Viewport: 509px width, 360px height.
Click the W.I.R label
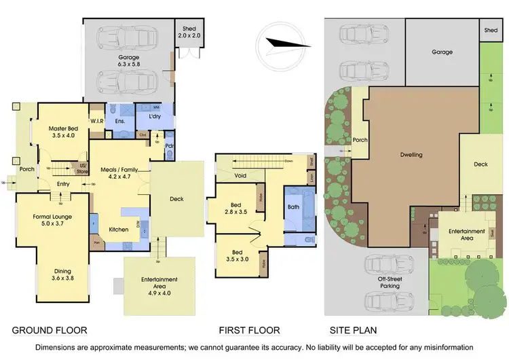96,123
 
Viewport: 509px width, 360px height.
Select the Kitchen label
119,230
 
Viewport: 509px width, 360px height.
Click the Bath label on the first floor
293,206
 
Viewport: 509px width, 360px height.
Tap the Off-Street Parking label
389,283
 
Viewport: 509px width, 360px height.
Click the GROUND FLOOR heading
50,331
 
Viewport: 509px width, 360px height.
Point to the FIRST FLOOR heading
249,331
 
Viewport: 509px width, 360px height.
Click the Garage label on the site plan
442,52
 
